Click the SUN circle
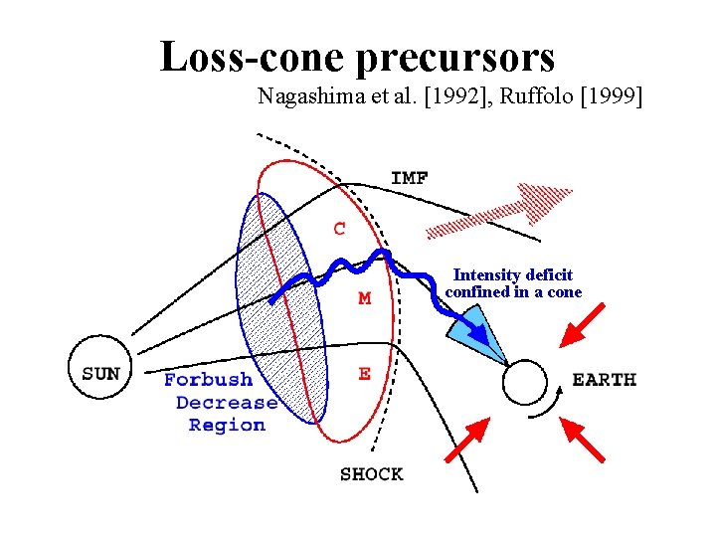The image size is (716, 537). pos(99,374)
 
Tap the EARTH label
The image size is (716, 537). pos(604,380)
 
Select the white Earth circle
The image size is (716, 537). pos(525,382)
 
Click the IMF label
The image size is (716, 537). pos(410,179)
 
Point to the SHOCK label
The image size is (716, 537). pos(371,474)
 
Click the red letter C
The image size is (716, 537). pos(340,229)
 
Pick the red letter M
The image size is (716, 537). pos(365,298)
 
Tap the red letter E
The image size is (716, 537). pos(364,374)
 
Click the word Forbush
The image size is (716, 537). pos(208,380)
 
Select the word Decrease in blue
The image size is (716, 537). pos(227,403)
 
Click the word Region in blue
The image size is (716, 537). pos(227,426)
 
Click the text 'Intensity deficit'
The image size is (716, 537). pos(513,274)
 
